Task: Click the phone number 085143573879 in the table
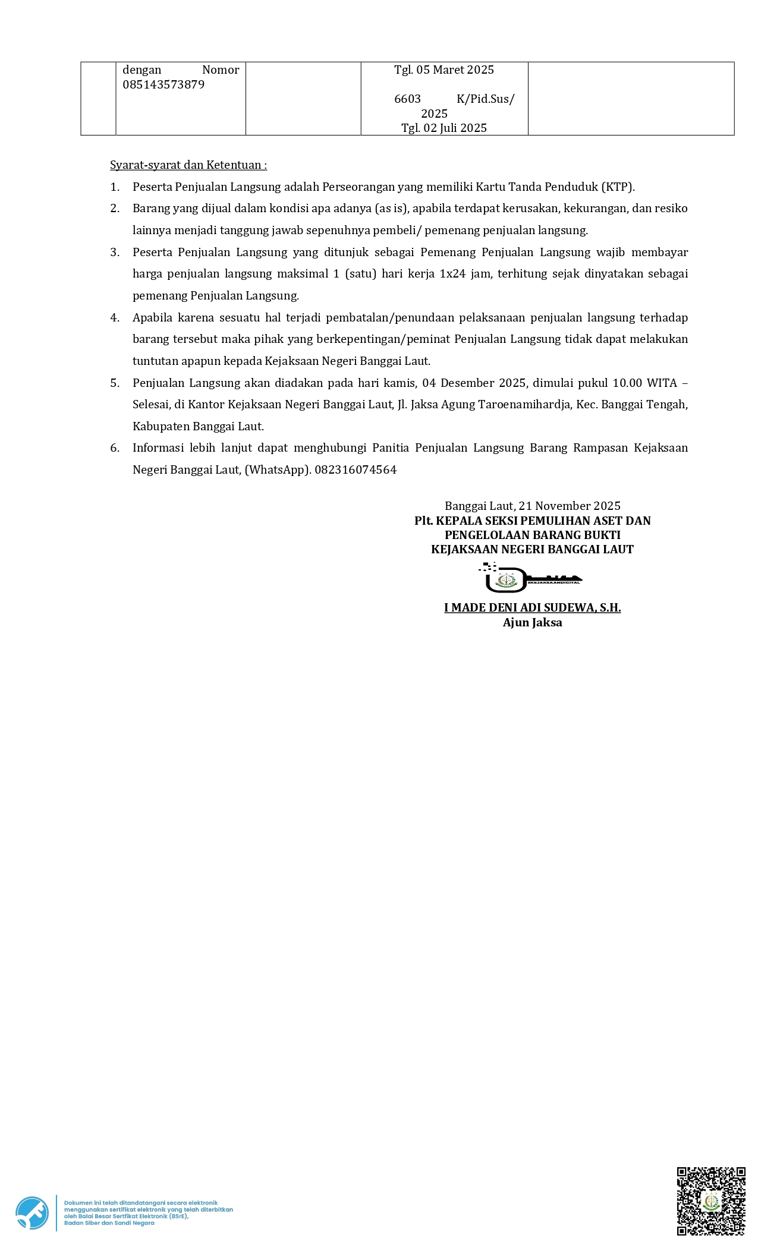tap(163, 84)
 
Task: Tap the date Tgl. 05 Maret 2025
tap(444, 70)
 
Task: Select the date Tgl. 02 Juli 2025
tap(444, 128)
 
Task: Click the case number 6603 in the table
tap(407, 99)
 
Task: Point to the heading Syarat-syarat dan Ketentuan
tap(188, 165)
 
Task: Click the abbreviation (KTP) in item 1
tap(618, 187)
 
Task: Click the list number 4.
tap(115, 317)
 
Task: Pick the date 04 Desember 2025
tap(474, 383)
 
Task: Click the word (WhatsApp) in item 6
tap(278, 469)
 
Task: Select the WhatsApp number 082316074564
tap(356, 469)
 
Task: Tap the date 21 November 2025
tap(570, 506)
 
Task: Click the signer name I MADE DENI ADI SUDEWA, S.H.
tap(532, 607)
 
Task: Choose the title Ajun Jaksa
tap(532, 622)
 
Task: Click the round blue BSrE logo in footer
tap(32, 1212)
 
